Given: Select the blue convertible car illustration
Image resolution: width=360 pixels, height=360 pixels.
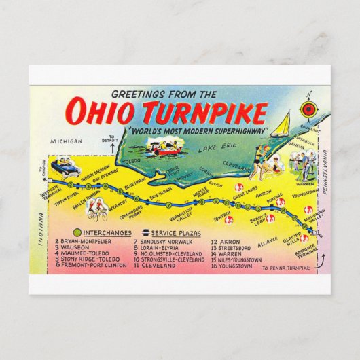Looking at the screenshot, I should click(66, 166).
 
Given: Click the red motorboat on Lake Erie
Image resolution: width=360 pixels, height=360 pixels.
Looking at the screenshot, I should click(166, 144).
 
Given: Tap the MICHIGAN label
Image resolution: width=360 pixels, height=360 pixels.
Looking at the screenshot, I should click(65, 141).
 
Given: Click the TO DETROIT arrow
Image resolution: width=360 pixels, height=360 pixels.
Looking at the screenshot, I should click(107, 142).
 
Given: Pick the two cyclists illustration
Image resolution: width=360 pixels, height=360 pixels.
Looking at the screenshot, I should click(98, 212).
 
